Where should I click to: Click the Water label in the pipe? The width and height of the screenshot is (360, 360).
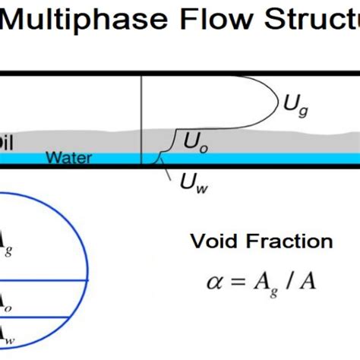tap(68, 159)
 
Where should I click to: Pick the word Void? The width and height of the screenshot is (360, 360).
tap(214, 242)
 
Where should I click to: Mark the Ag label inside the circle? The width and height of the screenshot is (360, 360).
tap(5, 242)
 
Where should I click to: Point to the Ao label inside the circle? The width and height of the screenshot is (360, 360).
tap(5, 302)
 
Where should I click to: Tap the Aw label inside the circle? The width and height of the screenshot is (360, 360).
tap(5, 331)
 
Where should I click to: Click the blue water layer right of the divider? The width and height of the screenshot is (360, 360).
tap(251, 157)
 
